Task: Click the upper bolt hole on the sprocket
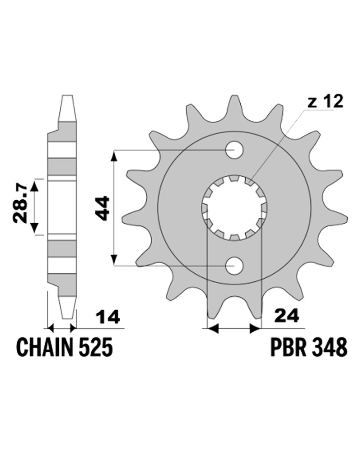(234, 150)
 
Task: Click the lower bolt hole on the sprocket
(234, 266)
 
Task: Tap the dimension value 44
(102, 208)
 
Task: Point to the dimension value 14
(108, 317)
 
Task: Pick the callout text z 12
(325, 101)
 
